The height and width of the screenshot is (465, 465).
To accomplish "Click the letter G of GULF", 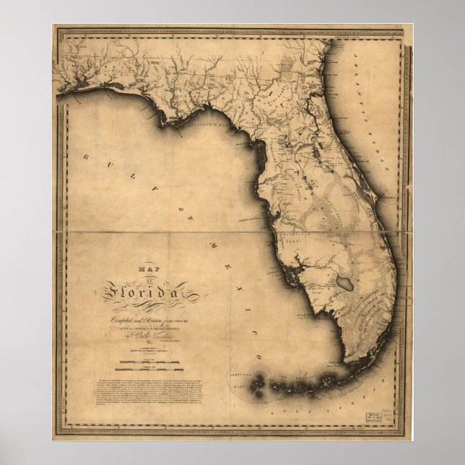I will (x=84, y=156).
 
